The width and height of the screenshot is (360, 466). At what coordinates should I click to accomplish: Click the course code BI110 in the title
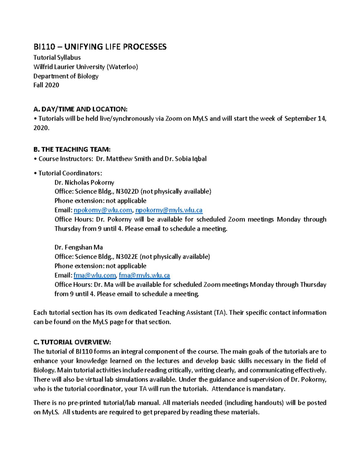(x=44, y=47)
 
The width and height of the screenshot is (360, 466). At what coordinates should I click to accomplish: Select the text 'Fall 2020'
(x=46, y=85)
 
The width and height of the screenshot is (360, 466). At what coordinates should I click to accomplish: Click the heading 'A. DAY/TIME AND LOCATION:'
(x=80, y=109)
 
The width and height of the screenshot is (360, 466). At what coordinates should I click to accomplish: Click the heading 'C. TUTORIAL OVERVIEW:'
(x=72, y=342)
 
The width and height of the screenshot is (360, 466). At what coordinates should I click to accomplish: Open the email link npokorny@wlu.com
(x=103, y=210)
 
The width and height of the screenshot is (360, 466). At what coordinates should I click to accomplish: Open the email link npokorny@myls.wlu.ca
(x=169, y=210)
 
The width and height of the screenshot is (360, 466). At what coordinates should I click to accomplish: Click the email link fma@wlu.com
(x=94, y=275)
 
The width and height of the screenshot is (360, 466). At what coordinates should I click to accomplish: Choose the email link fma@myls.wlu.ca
(x=144, y=275)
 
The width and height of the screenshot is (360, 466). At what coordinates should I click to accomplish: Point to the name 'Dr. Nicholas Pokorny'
(x=84, y=182)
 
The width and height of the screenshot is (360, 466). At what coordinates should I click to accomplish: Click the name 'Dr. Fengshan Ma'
(x=79, y=247)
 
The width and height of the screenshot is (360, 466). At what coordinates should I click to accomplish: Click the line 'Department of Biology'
(x=66, y=76)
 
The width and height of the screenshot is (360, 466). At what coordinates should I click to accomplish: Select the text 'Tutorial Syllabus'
(x=57, y=58)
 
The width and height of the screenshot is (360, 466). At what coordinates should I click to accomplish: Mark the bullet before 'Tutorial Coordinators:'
(x=35, y=173)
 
